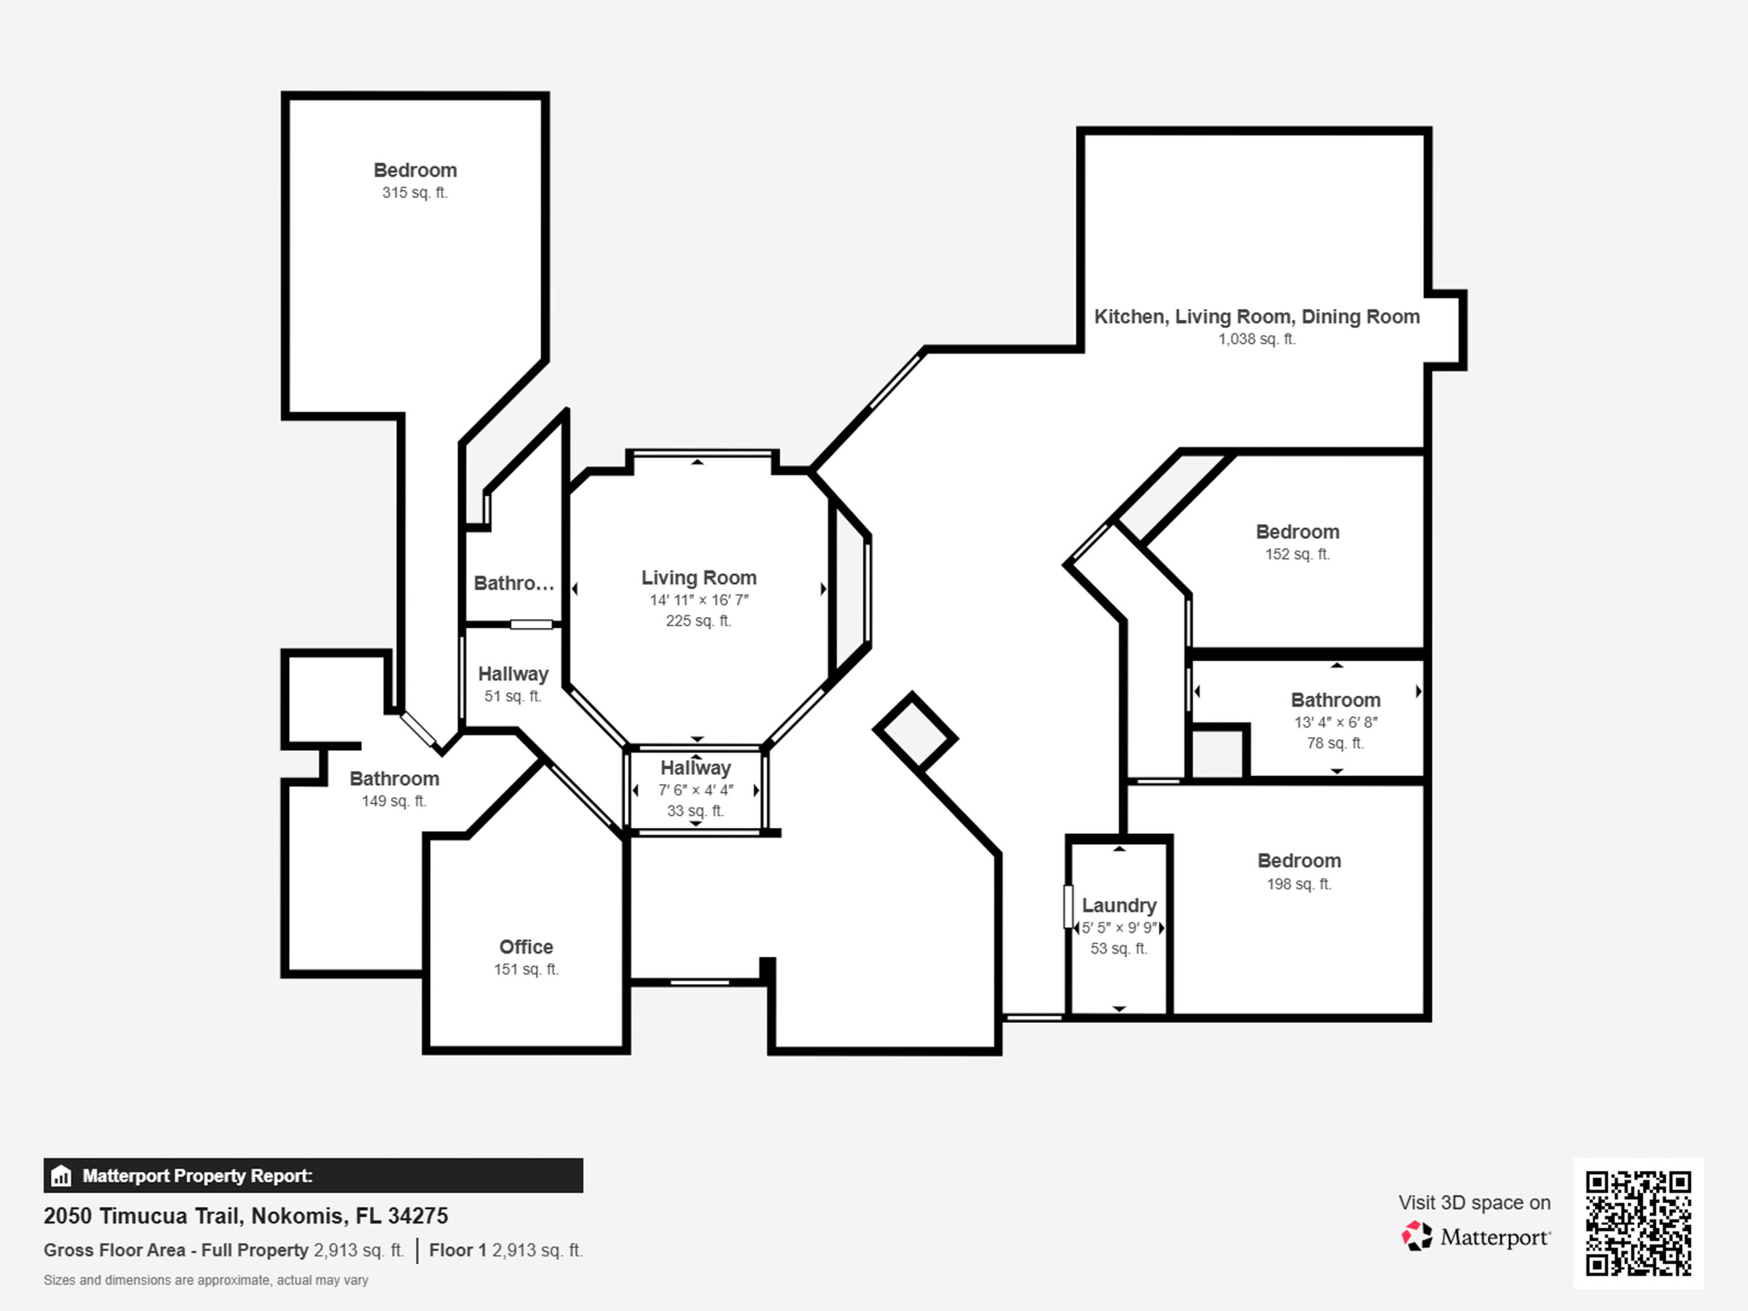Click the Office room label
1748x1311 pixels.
pyautogui.click(x=526, y=947)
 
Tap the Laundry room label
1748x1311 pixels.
pyautogui.click(x=1119, y=906)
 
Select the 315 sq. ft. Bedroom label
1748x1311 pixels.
pyautogui.click(x=415, y=170)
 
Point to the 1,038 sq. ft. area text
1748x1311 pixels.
pyautogui.click(x=1256, y=339)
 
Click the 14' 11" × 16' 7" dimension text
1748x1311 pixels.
pyautogui.click(x=699, y=600)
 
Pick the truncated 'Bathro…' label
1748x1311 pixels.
pyautogui.click(x=514, y=583)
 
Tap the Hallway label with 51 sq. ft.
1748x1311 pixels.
pyautogui.click(x=513, y=674)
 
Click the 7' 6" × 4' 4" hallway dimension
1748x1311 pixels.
pyautogui.click(x=696, y=790)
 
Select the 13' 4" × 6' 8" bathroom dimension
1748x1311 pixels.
pyautogui.click(x=1336, y=722)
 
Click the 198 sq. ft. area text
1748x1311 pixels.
pyautogui.click(x=1299, y=884)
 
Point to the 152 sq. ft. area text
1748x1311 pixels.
pyautogui.click(x=1297, y=554)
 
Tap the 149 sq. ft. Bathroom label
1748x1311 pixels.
pyautogui.click(x=394, y=778)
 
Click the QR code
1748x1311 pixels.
pyautogui.click(x=1639, y=1223)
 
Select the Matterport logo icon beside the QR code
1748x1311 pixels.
pyautogui.click(x=1417, y=1236)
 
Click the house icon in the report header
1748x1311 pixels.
pyautogui.click(x=61, y=1176)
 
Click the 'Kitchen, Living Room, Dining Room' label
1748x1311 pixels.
pyautogui.click(x=1257, y=317)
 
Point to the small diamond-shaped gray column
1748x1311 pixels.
pyautogui.click(x=915, y=731)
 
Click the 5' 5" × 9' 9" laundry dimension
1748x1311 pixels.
pyautogui.click(x=1119, y=928)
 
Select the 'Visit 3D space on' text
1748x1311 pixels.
pyautogui.click(x=1474, y=1203)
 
